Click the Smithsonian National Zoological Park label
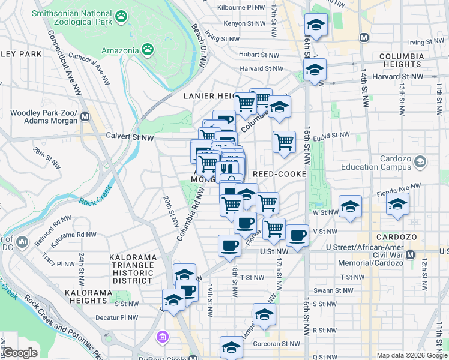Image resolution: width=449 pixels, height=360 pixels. [x=72, y=17]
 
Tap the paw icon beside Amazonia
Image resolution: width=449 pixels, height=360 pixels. [x=147, y=48]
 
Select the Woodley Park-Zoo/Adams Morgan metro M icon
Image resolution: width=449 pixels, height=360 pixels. [x=85, y=117]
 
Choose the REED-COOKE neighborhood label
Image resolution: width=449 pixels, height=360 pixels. [x=280, y=174]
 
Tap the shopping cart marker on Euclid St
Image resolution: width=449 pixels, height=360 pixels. [x=284, y=142]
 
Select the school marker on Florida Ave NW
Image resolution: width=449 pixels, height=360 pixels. [x=397, y=205]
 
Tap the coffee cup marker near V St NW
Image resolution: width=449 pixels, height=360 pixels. [x=297, y=236]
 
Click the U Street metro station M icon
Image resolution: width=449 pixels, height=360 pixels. [x=411, y=255]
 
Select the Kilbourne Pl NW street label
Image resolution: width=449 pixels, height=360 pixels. [x=243, y=8]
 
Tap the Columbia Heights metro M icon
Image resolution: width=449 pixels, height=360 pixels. [x=363, y=37]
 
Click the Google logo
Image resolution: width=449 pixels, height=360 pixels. [x=20, y=353]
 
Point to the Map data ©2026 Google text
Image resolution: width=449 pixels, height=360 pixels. [x=412, y=355]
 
